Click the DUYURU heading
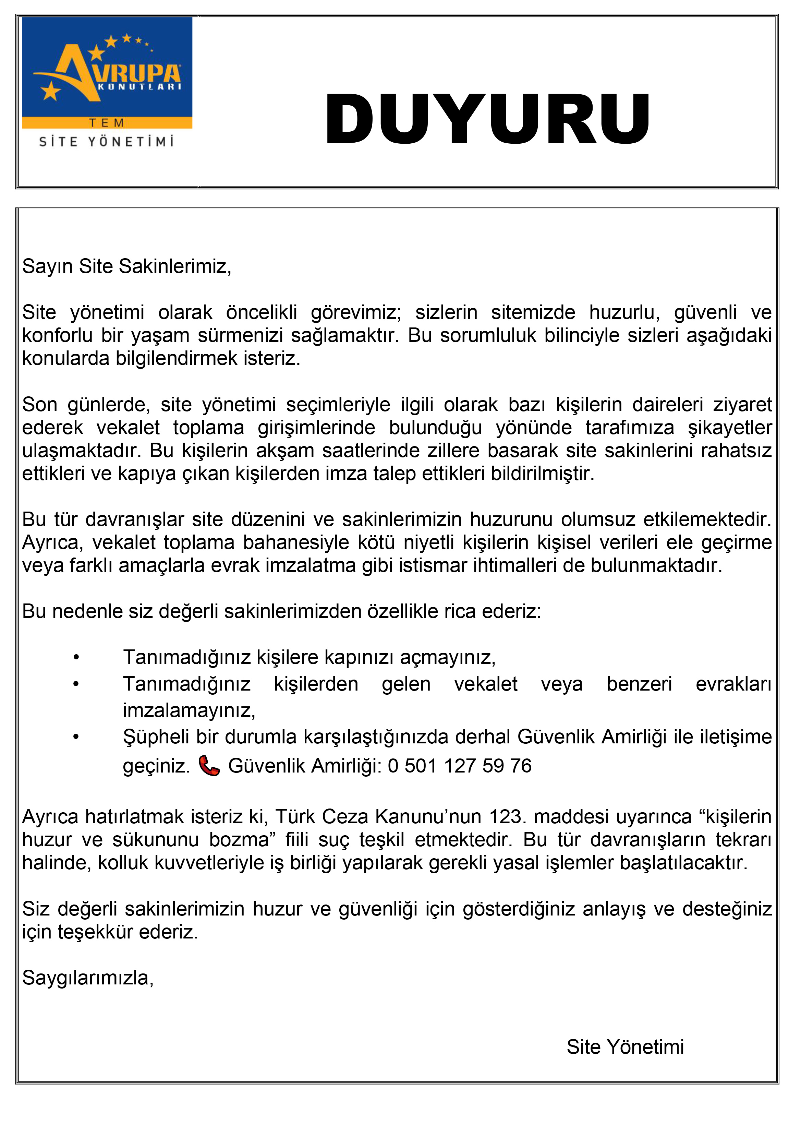pos(487,119)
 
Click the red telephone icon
pos(209,766)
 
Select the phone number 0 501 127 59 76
pos(459,766)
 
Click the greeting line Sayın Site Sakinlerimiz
pos(126,266)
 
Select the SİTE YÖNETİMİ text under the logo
pos(107,142)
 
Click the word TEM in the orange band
pos(107,123)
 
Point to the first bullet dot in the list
pos(76,658)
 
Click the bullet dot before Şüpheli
pos(76,737)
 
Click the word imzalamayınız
pos(189,711)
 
